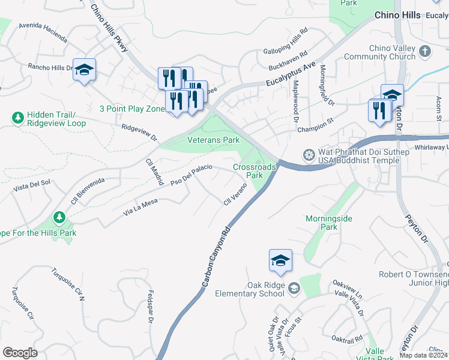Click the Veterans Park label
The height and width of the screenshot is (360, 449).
point(214,139)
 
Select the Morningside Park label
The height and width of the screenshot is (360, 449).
point(328,223)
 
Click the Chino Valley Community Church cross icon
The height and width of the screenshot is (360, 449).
point(424,51)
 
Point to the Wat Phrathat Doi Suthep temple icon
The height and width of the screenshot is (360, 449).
point(309,155)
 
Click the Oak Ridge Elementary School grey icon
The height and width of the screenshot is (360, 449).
point(294,289)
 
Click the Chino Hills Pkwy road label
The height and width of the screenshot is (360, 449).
point(109,28)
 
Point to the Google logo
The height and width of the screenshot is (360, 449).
point(20,353)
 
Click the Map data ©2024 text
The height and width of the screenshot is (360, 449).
point(423,355)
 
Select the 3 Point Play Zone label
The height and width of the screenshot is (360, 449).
point(132,109)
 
